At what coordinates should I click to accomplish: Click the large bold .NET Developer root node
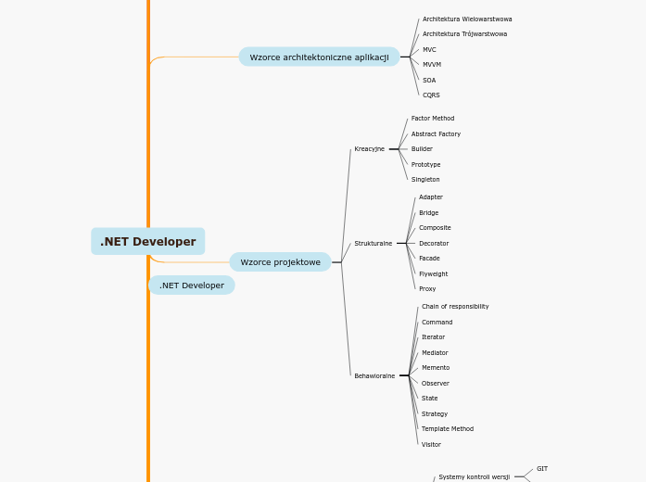coord(148,242)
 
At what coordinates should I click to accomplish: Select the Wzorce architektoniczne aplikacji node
coord(319,57)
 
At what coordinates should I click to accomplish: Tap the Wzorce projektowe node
coord(280,262)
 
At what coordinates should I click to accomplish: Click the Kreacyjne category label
coord(369,149)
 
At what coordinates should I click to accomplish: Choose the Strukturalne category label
coord(373,244)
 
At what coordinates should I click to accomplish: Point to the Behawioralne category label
coord(374,376)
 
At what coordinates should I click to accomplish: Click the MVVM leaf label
coord(432,65)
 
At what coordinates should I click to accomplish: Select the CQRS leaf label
coord(431,95)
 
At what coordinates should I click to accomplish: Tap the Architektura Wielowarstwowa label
coord(467,19)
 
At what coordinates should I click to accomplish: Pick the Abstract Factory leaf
coord(436,134)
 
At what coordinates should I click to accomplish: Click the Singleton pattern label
coord(425,180)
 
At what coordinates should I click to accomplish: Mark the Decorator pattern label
coord(434,244)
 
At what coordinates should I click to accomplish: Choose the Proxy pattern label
coord(427,289)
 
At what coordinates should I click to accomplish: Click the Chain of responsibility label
coord(455,307)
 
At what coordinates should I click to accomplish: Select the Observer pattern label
coord(436,384)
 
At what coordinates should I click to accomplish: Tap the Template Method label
coord(448,429)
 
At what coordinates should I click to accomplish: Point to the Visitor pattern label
coord(431,445)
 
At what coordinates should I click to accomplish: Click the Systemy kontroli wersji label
coord(474,477)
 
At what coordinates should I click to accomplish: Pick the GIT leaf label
coord(542,469)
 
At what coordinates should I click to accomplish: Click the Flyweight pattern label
coord(433,274)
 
